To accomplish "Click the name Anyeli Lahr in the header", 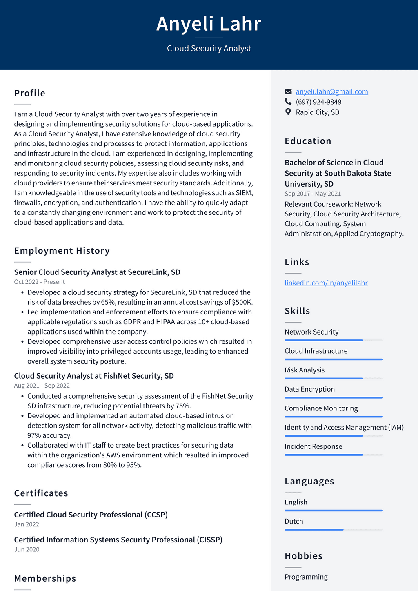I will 209,24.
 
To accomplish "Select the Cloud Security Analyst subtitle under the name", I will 209,49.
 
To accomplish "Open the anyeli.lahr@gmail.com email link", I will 331,91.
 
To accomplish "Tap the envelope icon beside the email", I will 288,91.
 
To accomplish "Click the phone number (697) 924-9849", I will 318,102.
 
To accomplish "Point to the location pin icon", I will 288,112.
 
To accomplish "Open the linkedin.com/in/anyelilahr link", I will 326,283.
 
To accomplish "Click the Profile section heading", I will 30,93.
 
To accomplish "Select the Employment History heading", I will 62,251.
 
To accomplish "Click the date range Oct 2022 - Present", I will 39,282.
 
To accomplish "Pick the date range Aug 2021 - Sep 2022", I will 42,386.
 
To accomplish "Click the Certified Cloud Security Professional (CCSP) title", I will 91,515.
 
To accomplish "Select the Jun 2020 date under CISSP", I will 27,549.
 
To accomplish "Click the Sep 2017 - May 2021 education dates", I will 313,194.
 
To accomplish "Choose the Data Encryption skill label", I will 309,389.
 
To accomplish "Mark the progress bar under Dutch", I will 334,530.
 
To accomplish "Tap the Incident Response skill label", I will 313,446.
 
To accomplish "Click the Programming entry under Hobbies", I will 306,577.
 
